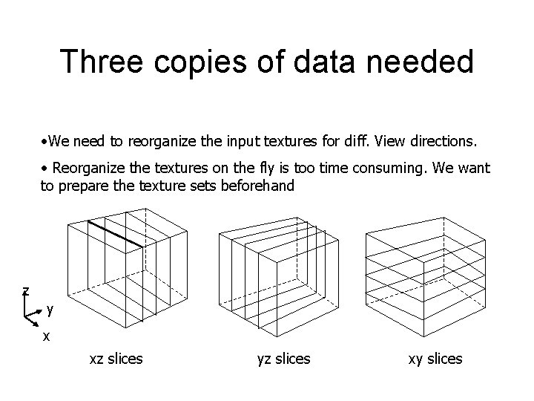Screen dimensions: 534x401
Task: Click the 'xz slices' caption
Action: click(x=116, y=359)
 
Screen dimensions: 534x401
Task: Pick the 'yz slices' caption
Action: click(x=283, y=359)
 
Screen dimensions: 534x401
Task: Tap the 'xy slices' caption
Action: click(x=435, y=359)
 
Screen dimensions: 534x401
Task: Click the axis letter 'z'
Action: click(x=25, y=290)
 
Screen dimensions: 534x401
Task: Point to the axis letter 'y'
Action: click(x=50, y=310)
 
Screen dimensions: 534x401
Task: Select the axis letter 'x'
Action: click(x=46, y=336)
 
